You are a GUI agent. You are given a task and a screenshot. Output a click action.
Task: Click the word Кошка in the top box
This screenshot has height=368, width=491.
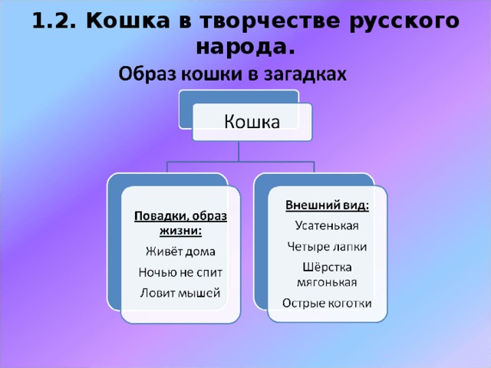point(251,123)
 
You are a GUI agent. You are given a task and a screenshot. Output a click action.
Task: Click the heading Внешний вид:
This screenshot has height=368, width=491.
point(328,205)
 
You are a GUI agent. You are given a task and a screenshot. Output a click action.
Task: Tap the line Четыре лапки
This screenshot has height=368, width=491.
point(328,246)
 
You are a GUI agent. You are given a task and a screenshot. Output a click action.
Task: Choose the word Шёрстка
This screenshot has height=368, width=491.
point(328,266)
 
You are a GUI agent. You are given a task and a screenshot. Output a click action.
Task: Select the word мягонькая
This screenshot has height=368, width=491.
point(328,281)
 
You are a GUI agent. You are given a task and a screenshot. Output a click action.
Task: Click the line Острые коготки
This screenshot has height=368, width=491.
point(328,303)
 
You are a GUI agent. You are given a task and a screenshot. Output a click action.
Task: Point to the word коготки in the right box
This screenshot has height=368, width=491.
point(348,303)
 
